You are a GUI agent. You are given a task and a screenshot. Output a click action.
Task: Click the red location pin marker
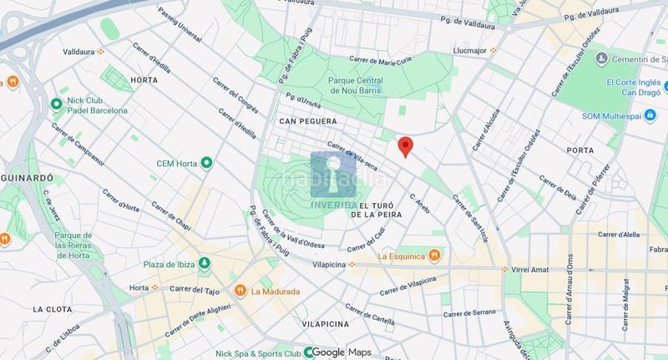click(405, 145)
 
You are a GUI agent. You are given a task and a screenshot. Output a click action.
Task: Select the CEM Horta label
click(175, 162)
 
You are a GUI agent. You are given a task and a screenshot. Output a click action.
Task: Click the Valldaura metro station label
click(77, 51)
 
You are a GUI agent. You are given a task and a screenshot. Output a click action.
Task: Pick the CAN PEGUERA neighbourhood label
click(309, 122)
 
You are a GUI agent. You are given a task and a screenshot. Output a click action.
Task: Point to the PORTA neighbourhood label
click(579, 150)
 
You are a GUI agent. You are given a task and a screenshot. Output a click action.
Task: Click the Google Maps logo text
click(342, 352)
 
